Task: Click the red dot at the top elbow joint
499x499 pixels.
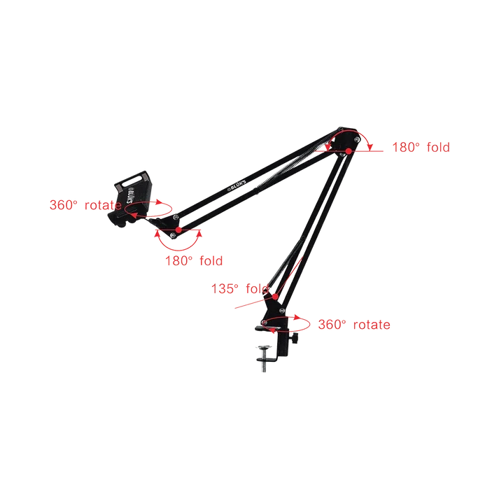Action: [349, 151]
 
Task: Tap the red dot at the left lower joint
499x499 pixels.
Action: [179, 230]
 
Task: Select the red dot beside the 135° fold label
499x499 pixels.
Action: [275, 297]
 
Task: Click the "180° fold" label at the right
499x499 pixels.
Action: [421, 148]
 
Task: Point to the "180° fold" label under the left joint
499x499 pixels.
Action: [194, 261]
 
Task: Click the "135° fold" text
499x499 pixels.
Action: [240, 288]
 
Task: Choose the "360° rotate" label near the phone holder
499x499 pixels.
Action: [85, 205]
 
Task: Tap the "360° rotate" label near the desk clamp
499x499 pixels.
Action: [354, 325]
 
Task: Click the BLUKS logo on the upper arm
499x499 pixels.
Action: [237, 185]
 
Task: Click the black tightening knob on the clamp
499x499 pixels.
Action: [295, 338]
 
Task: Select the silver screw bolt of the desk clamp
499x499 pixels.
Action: [264, 360]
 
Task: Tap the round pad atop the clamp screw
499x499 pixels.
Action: [265, 346]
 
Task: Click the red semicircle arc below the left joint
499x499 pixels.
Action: [178, 250]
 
